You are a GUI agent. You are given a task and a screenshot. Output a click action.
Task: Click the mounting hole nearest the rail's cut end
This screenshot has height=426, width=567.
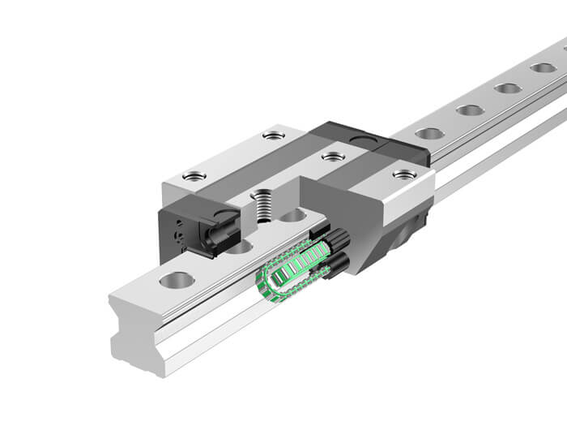[177, 282]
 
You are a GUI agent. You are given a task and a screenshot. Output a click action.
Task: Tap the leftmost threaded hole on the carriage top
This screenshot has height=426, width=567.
[194, 175]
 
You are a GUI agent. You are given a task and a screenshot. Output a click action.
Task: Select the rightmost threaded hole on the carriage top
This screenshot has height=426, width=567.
[403, 174]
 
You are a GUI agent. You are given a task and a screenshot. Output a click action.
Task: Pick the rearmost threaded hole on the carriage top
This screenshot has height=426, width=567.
[274, 135]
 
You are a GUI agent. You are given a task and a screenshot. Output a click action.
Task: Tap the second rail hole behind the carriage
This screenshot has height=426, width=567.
[470, 110]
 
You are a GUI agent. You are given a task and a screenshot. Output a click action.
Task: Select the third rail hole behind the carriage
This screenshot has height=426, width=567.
[508, 88]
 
